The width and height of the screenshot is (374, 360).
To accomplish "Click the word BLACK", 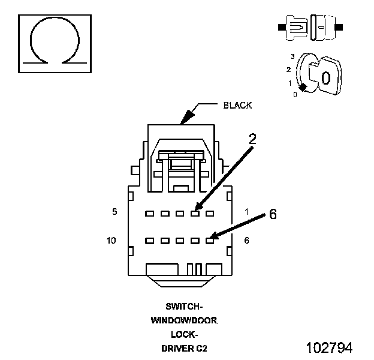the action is [237, 105].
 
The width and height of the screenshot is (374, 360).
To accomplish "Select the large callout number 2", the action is [252, 139].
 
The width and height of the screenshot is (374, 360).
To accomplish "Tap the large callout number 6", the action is [273, 214].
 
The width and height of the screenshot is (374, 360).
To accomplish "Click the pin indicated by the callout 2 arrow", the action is [195, 214].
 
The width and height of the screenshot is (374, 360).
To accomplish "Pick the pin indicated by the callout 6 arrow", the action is [210, 241].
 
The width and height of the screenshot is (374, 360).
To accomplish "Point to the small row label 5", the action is [114, 212].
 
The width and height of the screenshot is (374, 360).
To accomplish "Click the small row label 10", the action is [111, 241].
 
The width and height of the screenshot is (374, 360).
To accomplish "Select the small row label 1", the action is [247, 212].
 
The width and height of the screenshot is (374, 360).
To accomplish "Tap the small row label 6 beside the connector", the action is [246, 241].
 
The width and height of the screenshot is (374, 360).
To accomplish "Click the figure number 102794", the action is [329, 347].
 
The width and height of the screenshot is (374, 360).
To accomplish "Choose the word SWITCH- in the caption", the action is [184, 306].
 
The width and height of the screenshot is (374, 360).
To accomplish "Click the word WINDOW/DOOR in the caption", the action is [184, 320].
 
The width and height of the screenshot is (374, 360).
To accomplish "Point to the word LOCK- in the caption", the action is [184, 334].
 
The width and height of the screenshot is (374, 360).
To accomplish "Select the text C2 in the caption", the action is [201, 349].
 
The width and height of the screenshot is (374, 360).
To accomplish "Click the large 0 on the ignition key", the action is [326, 78].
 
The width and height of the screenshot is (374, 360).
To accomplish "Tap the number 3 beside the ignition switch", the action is [292, 56].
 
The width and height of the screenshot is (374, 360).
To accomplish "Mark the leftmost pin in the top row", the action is [150, 214].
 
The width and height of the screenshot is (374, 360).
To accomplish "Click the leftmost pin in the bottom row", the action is [150, 241].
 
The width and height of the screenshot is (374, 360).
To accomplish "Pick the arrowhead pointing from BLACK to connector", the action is [186, 118].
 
